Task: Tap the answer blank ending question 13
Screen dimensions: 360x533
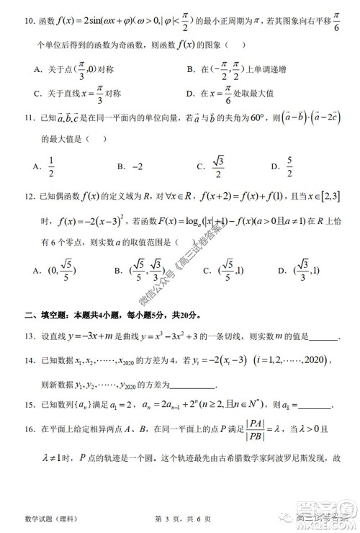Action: (321, 339)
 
